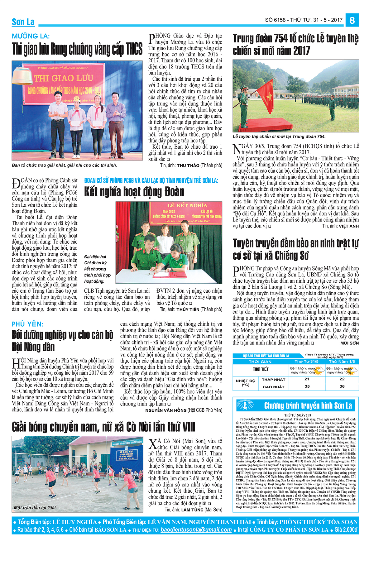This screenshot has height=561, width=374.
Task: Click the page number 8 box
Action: tap(352, 20)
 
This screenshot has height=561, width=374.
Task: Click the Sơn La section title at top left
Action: tap(23, 22)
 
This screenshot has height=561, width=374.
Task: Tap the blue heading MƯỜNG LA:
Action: tap(31, 36)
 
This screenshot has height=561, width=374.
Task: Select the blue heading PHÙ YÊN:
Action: tap(27, 324)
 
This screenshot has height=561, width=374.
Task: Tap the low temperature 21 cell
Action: tap(307, 379)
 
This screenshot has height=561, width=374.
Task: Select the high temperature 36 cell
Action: tap(342, 386)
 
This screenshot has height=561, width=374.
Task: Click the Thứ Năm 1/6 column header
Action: tap(342, 362)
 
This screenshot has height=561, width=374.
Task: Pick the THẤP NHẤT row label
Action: tap(274, 380)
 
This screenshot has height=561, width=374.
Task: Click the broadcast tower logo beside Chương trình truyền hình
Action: tap(245, 405)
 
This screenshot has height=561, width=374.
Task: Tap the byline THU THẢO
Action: tap(188, 165)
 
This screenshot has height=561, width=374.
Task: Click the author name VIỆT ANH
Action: tap(349, 226)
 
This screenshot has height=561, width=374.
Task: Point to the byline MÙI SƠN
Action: tap(349, 343)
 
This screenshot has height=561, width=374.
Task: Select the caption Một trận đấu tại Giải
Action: tap(35, 508)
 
